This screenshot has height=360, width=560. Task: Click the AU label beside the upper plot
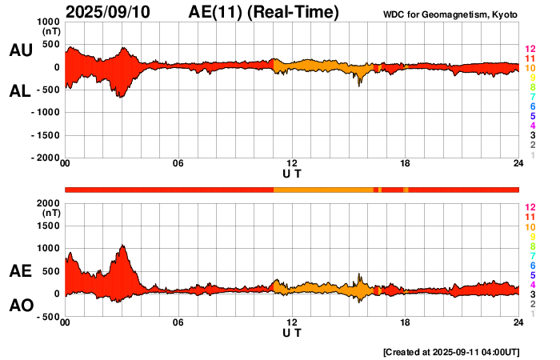click(x=21, y=50)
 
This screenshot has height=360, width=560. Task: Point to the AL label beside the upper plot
click(x=21, y=91)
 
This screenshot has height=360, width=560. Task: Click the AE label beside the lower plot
click(x=21, y=271)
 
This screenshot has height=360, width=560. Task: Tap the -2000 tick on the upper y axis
click(x=46, y=158)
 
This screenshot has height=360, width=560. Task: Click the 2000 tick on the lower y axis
click(x=49, y=203)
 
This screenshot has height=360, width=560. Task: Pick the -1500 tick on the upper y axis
click(x=46, y=136)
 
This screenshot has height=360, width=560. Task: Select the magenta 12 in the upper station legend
click(x=530, y=49)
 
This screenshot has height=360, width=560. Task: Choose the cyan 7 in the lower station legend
click(x=532, y=254)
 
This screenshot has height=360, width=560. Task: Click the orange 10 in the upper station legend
click(x=530, y=68)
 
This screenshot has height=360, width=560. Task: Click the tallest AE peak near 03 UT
click(x=122, y=246)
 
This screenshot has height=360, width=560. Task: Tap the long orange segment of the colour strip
click(x=323, y=189)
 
